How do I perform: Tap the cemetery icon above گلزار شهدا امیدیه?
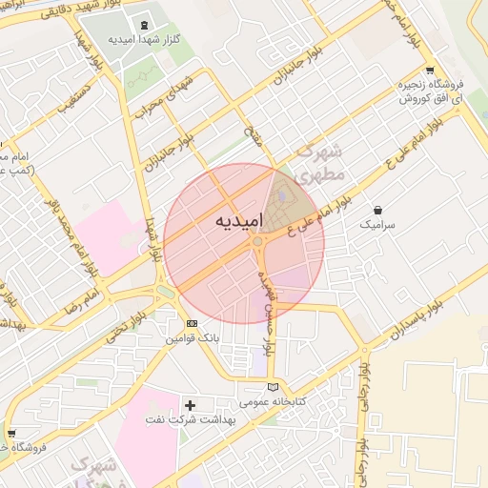[x=144, y=25]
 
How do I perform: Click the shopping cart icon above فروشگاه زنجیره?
[x=430, y=70]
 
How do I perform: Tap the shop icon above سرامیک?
[x=378, y=210]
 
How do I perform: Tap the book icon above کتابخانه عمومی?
[x=274, y=387]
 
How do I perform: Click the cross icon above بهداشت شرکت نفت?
[x=189, y=405]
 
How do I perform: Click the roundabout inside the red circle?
[x=257, y=242]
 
